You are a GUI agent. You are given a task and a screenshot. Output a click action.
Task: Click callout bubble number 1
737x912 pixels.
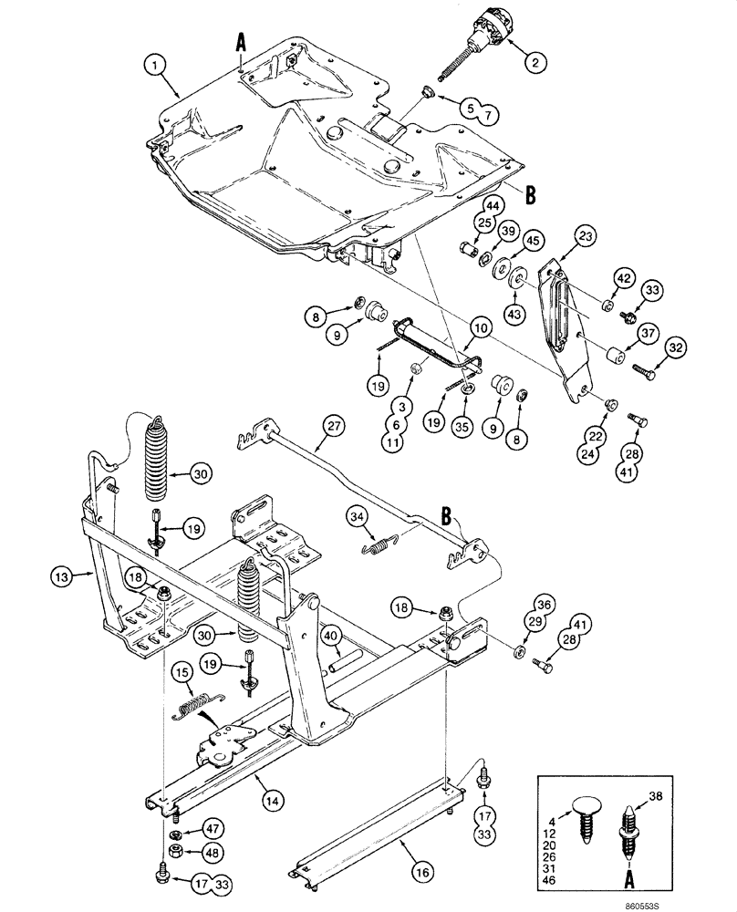click(x=161, y=66)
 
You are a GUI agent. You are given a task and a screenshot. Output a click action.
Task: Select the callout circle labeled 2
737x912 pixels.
click(x=535, y=62)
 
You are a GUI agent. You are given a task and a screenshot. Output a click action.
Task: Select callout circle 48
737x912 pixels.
click(x=212, y=854)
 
